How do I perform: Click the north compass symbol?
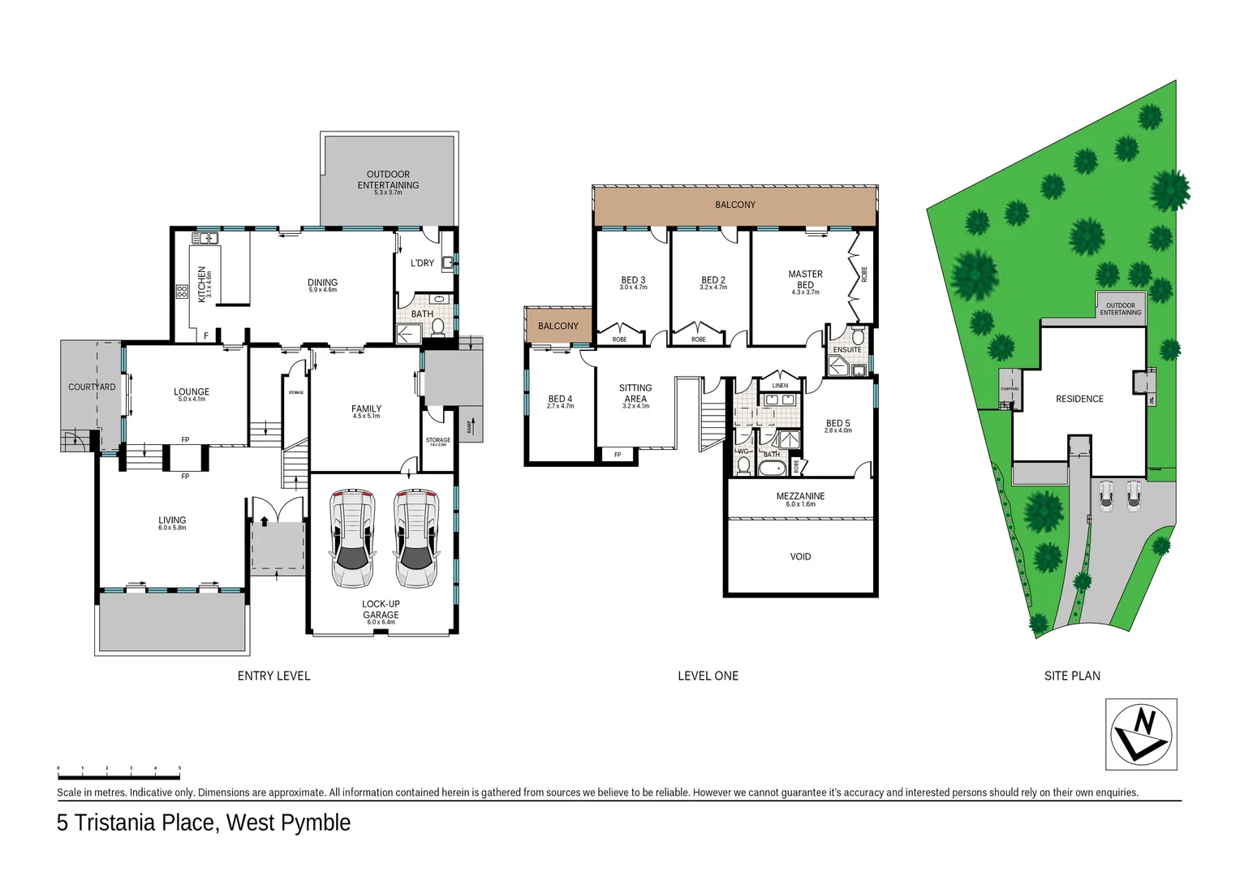[1141, 733]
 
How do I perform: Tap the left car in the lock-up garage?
[352, 538]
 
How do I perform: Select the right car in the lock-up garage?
[416, 538]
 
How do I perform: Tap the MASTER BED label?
[805, 280]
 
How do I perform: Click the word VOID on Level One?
[800, 557]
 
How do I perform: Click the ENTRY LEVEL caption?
[273, 676]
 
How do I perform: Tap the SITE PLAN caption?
[1072, 676]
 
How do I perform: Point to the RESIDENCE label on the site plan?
[1079, 399]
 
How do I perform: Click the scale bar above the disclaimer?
[118, 767]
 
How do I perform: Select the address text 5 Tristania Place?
[203, 823]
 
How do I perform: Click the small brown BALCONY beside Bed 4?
[558, 326]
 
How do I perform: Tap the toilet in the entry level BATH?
[438, 327]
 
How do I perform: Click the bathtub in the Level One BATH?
[771, 468]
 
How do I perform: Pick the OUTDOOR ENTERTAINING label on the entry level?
[388, 181]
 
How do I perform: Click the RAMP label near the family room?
[470, 427]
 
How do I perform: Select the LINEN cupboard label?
[780, 386]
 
